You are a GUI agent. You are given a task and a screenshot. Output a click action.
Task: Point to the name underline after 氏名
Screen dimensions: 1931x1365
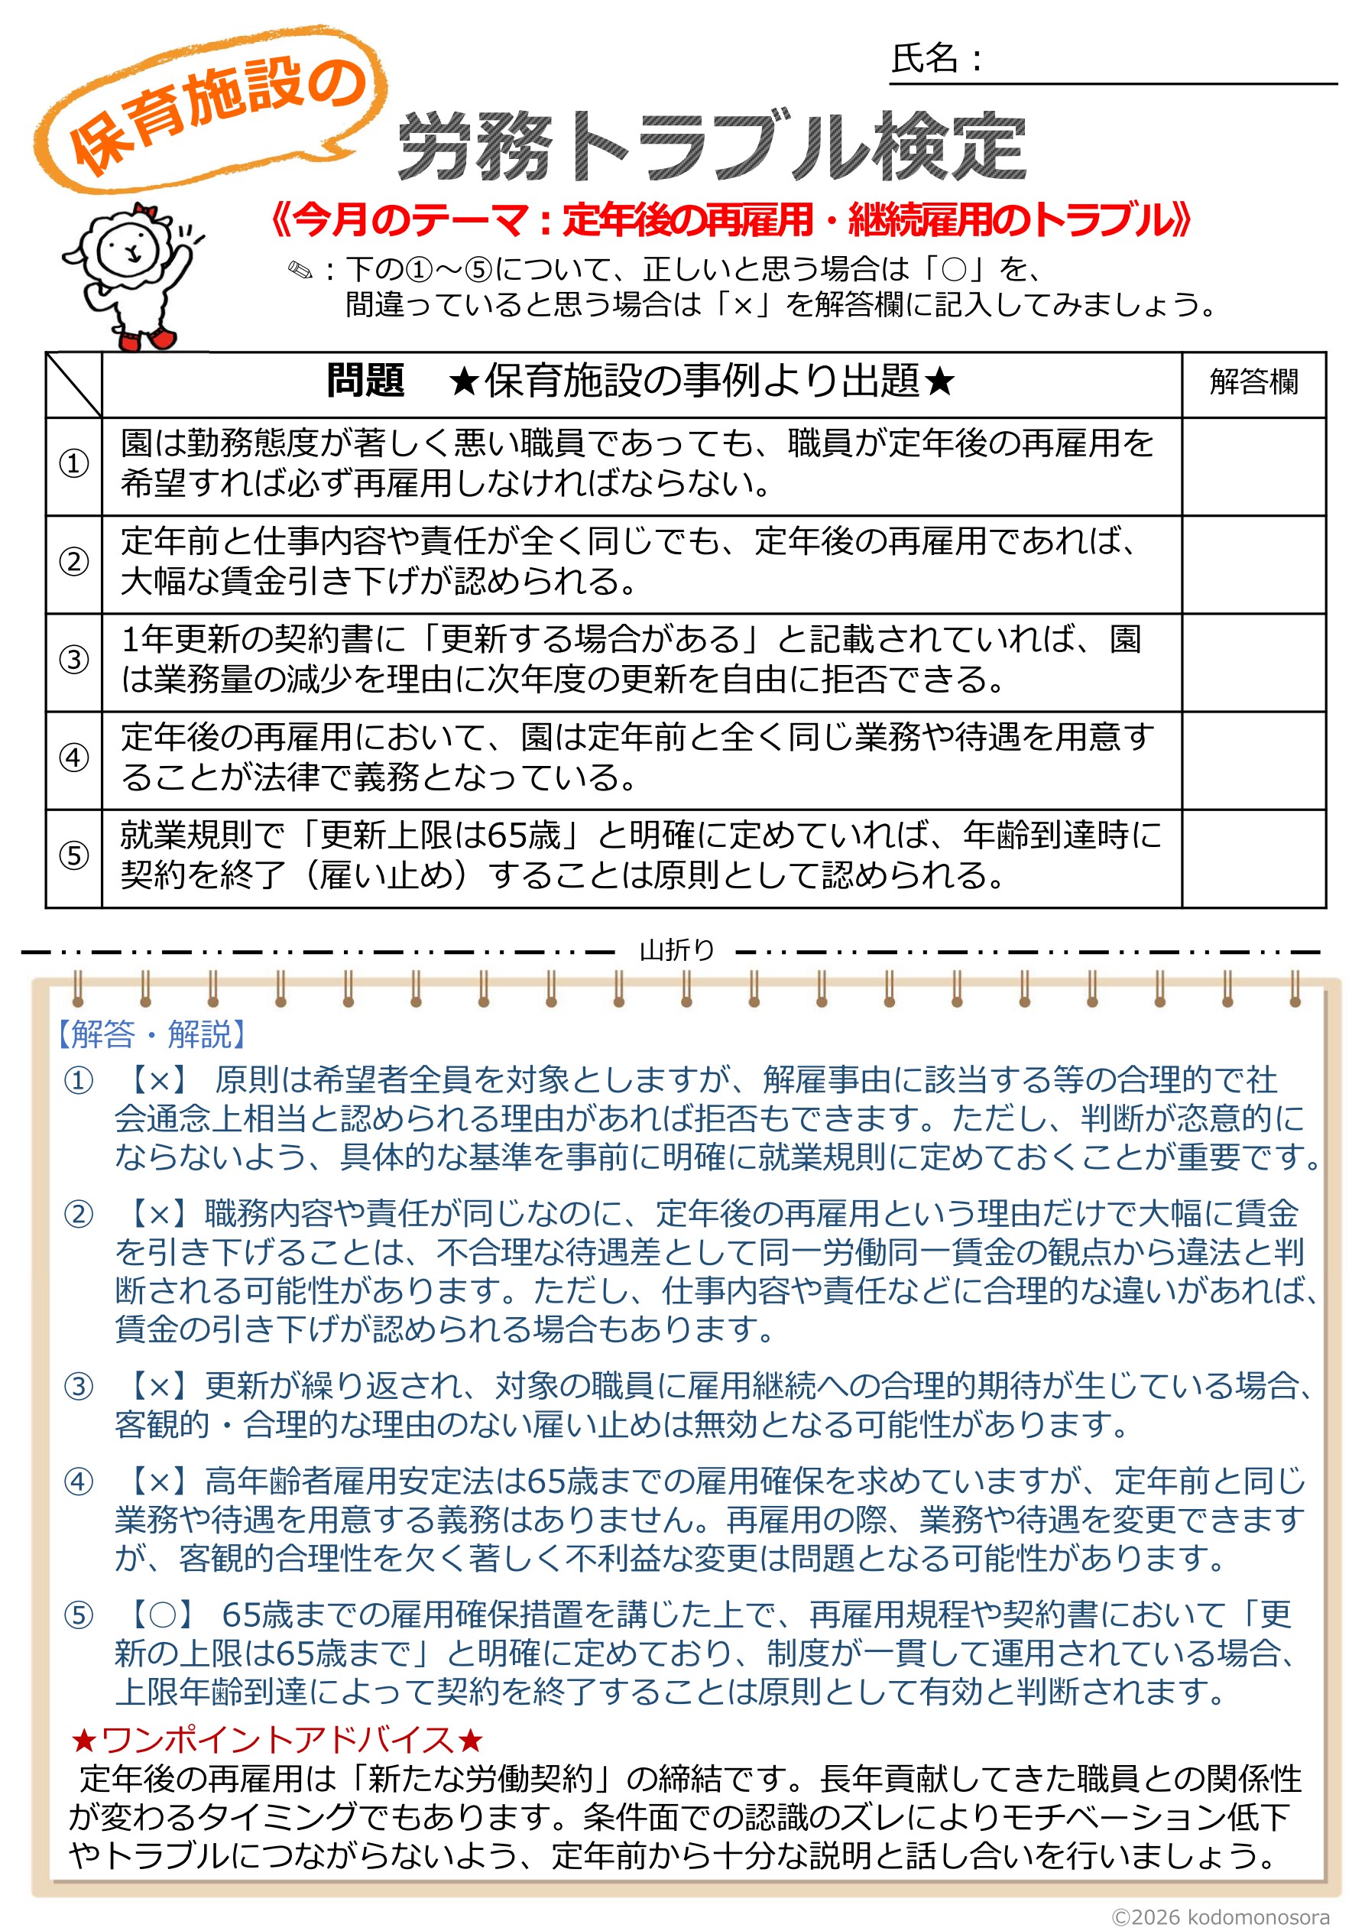[x=1161, y=83]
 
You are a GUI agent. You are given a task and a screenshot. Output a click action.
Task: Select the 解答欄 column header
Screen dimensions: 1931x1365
[x=1253, y=383]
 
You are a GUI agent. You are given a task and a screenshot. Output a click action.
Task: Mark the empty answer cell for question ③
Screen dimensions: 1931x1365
[x=1253, y=662]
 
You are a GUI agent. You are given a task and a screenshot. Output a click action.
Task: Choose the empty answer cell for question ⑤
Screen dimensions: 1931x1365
[x=1253, y=858]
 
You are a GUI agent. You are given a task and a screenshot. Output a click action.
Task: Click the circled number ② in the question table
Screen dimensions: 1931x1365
[x=74, y=562]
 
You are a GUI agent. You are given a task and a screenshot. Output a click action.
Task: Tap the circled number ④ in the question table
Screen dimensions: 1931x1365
[x=74, y=758]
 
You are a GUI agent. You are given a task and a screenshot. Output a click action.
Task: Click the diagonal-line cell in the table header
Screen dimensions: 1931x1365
[x=74, y=385]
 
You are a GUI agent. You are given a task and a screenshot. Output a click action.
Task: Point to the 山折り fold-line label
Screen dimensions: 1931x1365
[x=677, y=950]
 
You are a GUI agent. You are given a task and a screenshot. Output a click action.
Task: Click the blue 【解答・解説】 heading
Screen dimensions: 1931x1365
[x=151, y=1034]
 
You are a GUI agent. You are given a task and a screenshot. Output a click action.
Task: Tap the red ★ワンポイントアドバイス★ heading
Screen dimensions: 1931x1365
[x=277, y=1739]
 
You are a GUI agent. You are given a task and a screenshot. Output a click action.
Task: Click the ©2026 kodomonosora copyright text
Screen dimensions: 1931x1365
[x=1221, y=1916]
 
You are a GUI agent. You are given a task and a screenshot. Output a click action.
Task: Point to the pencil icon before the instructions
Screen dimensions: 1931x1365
[x=300, y=271]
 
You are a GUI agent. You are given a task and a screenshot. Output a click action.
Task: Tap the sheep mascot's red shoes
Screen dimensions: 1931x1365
[x=148, y=339]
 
